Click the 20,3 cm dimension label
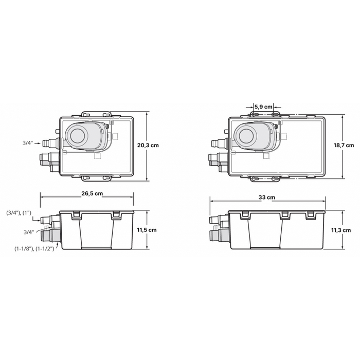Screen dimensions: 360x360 pos(148,146)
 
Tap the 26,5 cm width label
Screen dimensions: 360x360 pos(92,193)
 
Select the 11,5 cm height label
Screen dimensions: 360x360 pos(147,230)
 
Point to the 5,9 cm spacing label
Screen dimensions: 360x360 pos(263,107)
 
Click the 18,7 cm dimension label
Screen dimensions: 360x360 pos(344,146)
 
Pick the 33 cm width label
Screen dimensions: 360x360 pos(266,197)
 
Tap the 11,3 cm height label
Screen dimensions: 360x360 pos(340,230)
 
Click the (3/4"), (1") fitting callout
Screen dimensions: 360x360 pos(19,213)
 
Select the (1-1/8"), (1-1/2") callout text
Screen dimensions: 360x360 pos(34,248)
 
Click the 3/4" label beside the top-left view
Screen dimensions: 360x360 pos(28,143)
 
